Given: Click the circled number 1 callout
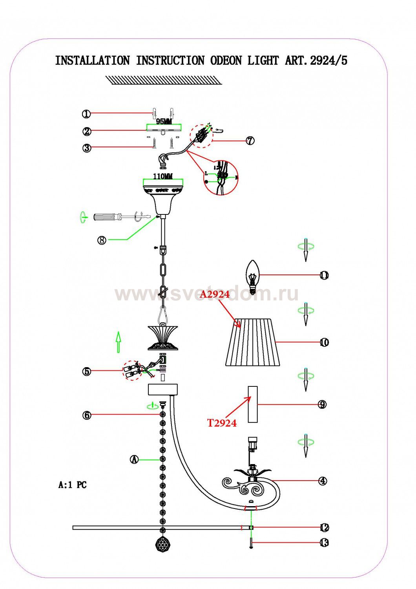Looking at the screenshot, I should pos(86,114).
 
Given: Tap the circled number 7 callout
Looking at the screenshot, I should pos(250,141).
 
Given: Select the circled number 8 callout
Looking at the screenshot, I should pos(102,240).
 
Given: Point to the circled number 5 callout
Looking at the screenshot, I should pos(87,371).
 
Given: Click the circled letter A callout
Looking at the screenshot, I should pos(135,459).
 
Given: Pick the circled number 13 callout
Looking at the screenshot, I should pos(324,543).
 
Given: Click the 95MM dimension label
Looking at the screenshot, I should pos(164,122).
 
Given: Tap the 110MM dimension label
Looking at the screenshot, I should pos(163,176).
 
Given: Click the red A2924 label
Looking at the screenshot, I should pos(214,294).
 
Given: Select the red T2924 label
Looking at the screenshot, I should pos(222,423).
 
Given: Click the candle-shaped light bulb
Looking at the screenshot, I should pos(253,277).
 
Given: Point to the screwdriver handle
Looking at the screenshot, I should pos(106,217).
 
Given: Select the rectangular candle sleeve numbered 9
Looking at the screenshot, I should pos(253,404).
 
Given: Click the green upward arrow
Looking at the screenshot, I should pos(118,342).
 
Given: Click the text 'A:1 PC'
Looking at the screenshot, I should pos(72,485).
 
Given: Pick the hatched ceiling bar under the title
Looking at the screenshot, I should pos(164,80).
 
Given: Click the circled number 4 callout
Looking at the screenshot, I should pos(323,481).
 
